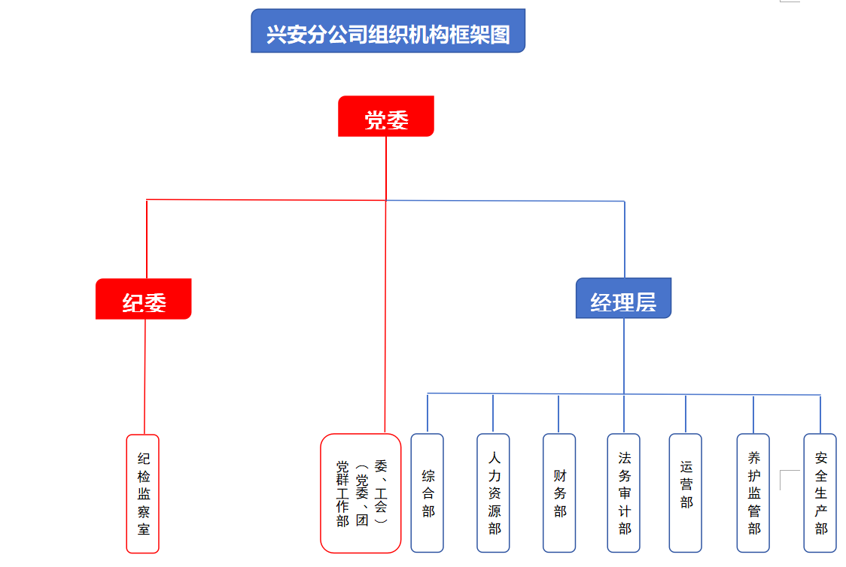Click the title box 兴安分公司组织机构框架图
pyautogui.click(x=388, y=31)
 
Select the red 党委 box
pyautogui.click(x=386, y=117)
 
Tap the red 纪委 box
pyautogui.click(x=144, y=299)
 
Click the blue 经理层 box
pyautogui.click(x=623, y=299)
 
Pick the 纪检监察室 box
pyautogui.click(x=143, y=493)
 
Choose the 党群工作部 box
pyautogui.click(x=361, y=493)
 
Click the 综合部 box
pyautogui.click(x=428, y=493)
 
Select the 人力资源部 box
pyautogui.click(x=494, y=493)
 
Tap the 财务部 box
pyautogui.click(x=559, y=493)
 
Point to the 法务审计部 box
pyautogui.click(x=624, y=493)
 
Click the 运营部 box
pyautogui.click(x=686, y=493)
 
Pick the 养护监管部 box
pyautogui.click(x=753, y=493)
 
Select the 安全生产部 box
pyautogui.click(x=820, y=493)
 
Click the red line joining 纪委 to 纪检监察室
pyautogui.click(x=145, y=376)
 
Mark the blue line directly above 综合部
pyautogui.click(x=428, y=413)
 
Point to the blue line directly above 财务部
pyautogui.click(x=558, y=413)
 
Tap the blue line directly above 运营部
pyautogui.click(x=686, y=413)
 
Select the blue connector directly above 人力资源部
pyautogui.click(x=493, y=413)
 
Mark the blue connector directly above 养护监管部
pyautogui.click(x=753, y=413)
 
